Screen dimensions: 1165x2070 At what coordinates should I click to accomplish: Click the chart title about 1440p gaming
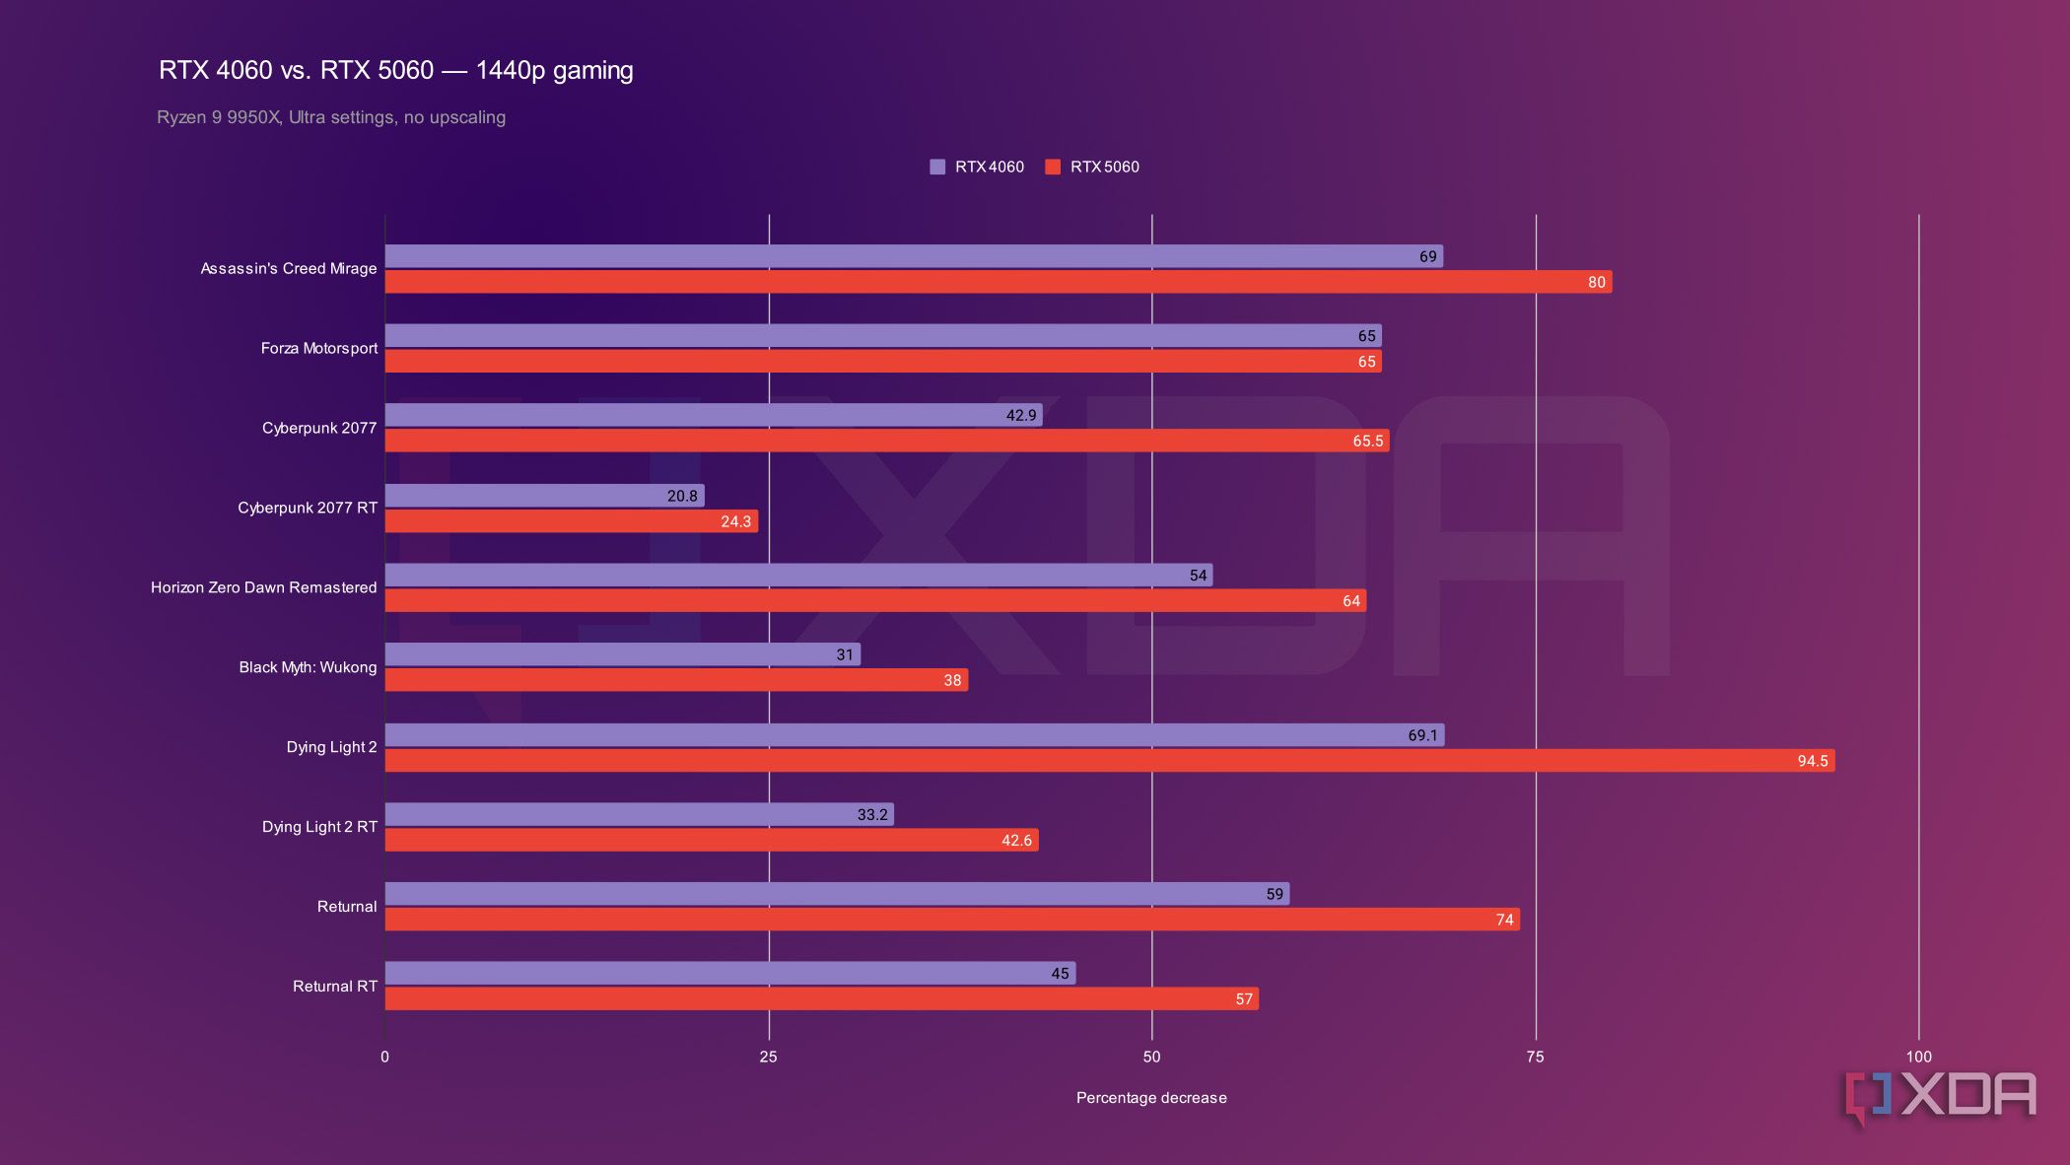[395, 70]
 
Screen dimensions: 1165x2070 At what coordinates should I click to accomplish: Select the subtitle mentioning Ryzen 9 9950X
[331, 117]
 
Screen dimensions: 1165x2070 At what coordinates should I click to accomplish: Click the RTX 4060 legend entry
[977, 167]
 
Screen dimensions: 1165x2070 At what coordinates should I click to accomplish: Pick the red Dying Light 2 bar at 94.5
[1109, 761]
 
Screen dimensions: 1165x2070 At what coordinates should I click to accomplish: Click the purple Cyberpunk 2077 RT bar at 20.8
[544, 496]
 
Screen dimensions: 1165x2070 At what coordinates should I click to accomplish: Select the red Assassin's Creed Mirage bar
[998, 282]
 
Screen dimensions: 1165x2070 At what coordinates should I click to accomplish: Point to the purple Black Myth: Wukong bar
[622, 654]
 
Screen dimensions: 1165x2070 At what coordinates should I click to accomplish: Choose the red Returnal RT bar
[821, 999]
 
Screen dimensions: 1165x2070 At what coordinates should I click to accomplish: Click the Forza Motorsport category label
[318, 348]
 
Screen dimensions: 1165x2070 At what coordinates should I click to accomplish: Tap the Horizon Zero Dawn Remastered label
[263, 587]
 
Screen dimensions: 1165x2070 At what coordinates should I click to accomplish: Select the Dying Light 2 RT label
[319, 827]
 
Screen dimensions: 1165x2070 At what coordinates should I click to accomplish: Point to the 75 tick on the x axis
[1535, 1057]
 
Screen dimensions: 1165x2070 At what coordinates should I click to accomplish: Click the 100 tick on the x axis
[1918, 1057]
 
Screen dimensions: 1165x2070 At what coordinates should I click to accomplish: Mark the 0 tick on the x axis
[384, 1057]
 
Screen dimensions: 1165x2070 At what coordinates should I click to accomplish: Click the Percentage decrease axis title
[1151, 1098]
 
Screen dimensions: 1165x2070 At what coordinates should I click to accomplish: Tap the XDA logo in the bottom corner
[1940, 1096]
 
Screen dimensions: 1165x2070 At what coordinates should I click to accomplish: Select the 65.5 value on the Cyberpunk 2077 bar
[1367, 441]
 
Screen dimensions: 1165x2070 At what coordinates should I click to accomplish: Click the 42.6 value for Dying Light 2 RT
[1016, 841]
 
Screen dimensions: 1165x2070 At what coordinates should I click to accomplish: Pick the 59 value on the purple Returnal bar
[1275, 894]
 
